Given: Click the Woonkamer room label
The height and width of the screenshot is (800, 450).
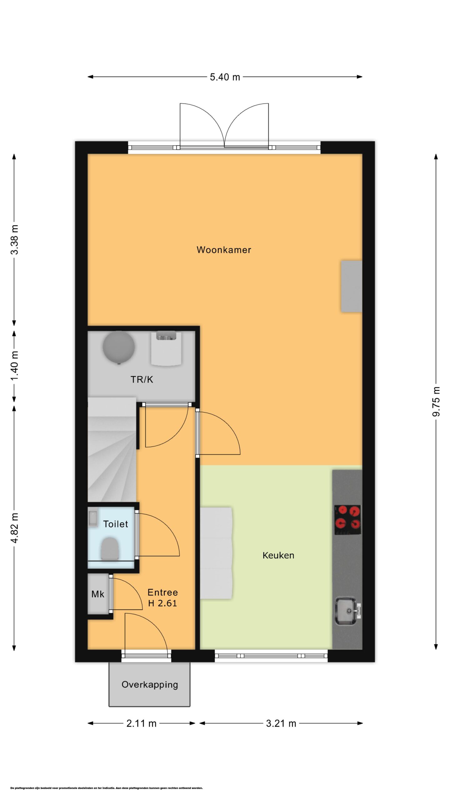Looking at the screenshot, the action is point(224,250).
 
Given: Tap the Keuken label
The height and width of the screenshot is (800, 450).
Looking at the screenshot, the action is point(278,555).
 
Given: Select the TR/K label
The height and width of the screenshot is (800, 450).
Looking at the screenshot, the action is point(142,379).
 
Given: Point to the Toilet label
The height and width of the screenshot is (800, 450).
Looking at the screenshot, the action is point(116,524).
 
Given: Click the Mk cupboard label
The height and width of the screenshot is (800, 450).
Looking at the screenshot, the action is point(98,594).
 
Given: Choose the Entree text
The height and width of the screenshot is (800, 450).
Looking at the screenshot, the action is point(162,592).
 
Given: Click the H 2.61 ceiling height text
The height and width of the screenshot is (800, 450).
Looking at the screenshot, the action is point(162,603).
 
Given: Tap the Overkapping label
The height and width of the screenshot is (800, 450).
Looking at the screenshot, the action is point(150,685).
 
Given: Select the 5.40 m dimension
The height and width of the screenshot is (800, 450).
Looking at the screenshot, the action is point(225,77).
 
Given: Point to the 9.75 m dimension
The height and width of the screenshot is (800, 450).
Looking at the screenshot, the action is point(436,402).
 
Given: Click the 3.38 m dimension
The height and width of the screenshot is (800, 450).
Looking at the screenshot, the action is point(14,239).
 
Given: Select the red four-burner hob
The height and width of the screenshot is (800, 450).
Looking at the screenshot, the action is point(348,520).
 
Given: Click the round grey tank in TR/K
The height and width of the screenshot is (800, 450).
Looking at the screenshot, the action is point(119,347).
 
